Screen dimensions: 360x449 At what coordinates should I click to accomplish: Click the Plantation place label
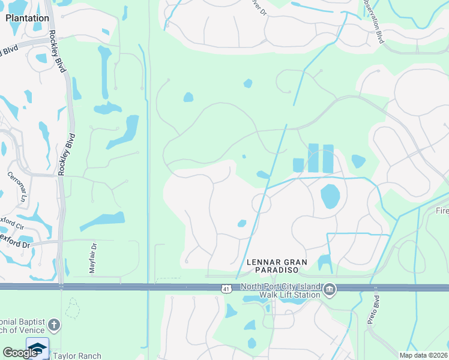(x=27, y=18)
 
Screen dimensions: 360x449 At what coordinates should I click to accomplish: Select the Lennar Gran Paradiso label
(x=277, y=266)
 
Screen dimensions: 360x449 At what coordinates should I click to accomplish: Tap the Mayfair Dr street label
(x=93, y=259)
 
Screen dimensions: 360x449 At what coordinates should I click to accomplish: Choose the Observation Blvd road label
(x=373, y=21)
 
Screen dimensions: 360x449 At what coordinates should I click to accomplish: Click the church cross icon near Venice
(x=54, y=326)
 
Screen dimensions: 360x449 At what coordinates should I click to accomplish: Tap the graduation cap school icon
(x=37, y=349)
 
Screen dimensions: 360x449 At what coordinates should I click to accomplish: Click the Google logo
(x=20, y=353)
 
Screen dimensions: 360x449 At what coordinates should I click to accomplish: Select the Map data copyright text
(x=424, y=355)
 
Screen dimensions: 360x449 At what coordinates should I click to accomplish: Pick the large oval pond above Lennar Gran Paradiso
(x=330, y=196)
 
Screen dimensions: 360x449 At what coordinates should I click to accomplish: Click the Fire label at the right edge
(x=442, y=211)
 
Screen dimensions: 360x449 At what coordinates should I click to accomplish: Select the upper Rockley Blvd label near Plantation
(x=58, y=52)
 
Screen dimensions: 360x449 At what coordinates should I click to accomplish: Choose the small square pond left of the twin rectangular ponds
(x=298, y=164)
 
